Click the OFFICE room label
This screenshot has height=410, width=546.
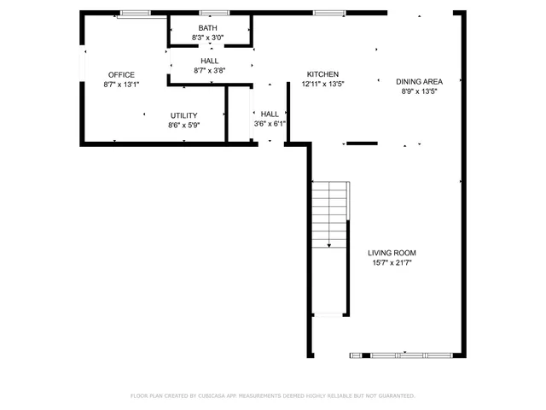120,74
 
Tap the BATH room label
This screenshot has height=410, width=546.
208,28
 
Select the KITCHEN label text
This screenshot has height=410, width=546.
323,74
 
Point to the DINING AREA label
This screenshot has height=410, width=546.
419,81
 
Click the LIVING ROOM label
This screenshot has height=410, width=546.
392,253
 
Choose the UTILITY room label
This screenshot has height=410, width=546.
183,115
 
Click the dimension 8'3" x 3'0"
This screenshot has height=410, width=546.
208,38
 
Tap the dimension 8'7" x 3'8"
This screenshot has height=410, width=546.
209,71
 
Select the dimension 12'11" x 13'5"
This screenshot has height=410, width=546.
323,84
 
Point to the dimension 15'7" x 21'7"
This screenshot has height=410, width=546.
392,263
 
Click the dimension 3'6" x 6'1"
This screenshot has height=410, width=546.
270,124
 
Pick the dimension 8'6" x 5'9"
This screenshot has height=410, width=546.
183,125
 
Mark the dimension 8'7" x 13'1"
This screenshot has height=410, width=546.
120,84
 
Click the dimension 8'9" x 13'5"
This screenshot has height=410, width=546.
419,91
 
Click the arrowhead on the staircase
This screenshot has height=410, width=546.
329,245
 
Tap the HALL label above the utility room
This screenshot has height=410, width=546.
209,61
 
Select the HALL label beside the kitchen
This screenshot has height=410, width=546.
270,114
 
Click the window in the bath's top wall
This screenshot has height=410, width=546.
210,13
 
